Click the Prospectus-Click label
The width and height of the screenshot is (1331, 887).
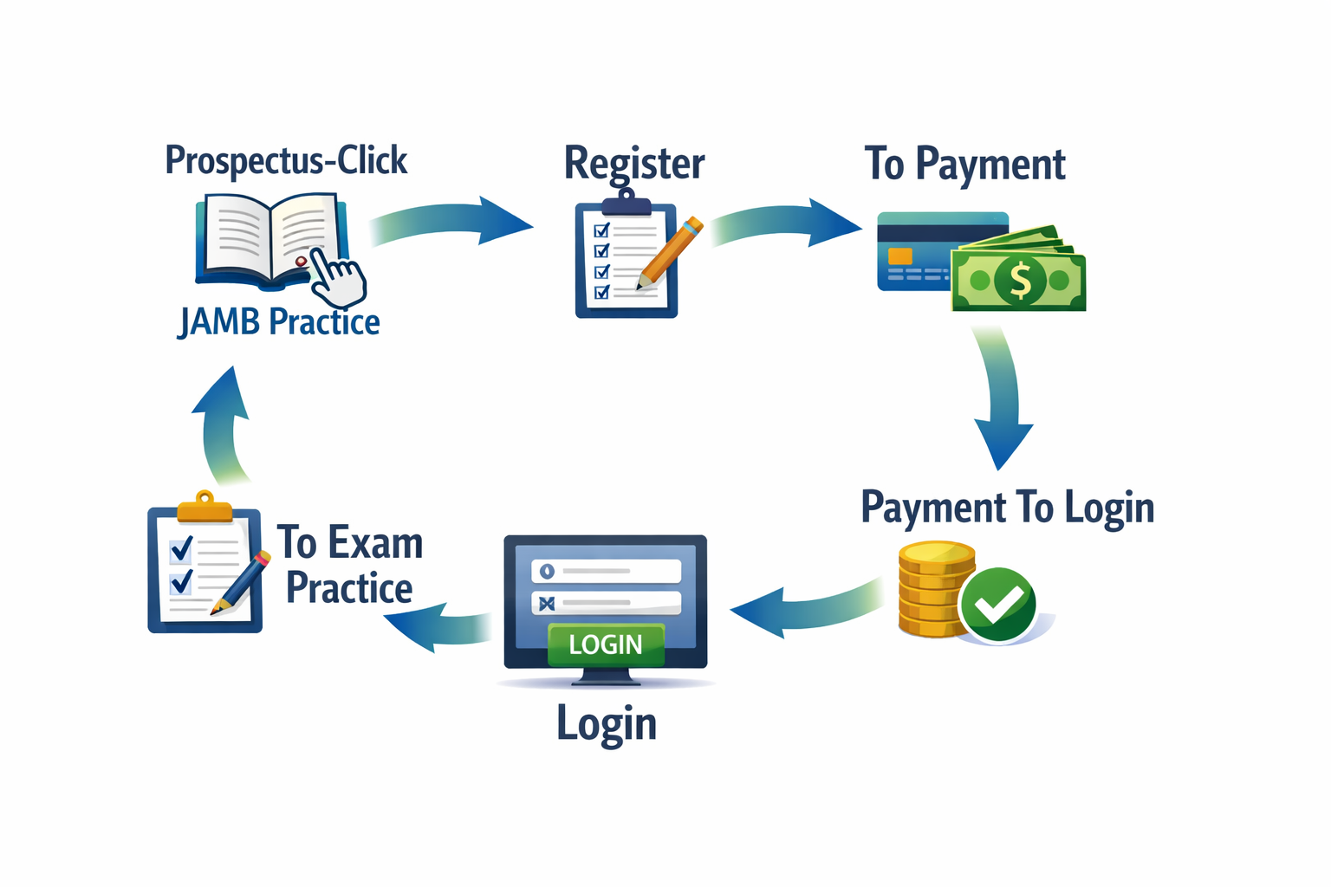[x=286, y=161]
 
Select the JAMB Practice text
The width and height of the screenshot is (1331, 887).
[x=279, y=322]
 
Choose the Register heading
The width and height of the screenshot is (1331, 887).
[x=634, y=164]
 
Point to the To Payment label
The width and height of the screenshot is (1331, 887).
[x=964, y=164]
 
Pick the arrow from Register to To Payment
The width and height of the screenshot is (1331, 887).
[x=784, y=223]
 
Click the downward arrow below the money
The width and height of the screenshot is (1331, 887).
[x=1001, y=398]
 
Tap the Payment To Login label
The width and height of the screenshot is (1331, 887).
[x=1007, y=508]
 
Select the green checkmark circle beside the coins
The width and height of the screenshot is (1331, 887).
[x=998, y=605]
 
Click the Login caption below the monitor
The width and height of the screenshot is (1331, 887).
[x=607, y=723]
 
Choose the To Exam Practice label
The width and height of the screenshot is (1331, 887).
[x=350, y=565]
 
